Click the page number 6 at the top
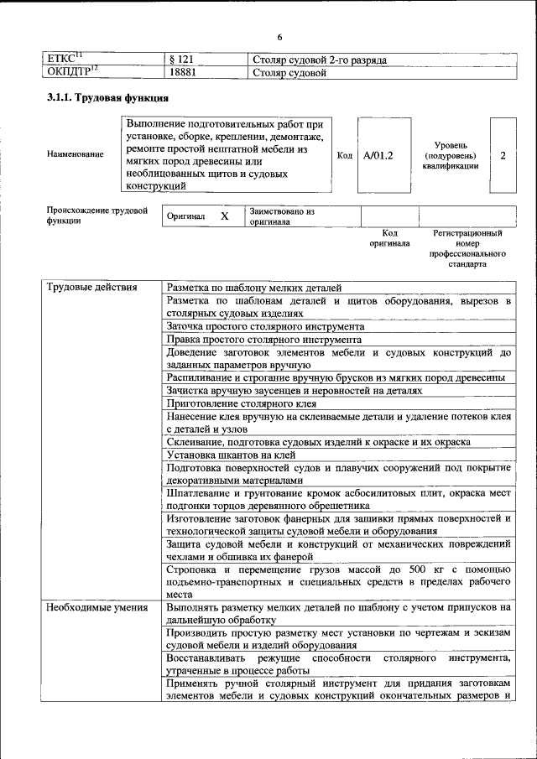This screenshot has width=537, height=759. [x=279, y=36]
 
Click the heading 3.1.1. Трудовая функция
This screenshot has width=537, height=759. [x=102, y=99]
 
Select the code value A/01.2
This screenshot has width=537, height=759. [x=378, y=155]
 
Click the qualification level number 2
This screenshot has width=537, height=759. [x=502, y=155]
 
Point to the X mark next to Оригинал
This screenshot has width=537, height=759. [x=224, y=216]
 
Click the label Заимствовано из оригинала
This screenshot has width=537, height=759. [x=281, y=217]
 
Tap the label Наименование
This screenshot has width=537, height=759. [x=76, y=155]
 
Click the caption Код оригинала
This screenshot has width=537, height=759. [x=389, y=238]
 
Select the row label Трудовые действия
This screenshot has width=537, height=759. [x=91, y=288]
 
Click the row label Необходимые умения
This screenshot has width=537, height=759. [x=96, y=606]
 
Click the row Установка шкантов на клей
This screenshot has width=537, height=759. [x=230, y=455]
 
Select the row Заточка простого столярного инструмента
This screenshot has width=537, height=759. [x=265, y=326]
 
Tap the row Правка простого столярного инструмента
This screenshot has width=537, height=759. [x=264, y=340]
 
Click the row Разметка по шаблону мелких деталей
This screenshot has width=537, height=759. [x=254, y=288]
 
